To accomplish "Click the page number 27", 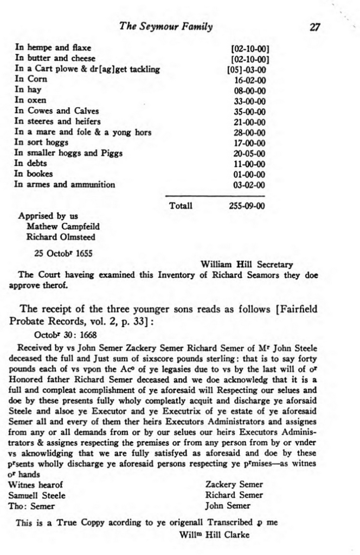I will click(x=314, y=27).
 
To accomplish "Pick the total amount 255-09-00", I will click(x=248, y=206).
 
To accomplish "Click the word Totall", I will click(x=181, y=206).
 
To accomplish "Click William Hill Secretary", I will click(x=247, y=265).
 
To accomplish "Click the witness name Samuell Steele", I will click(x=37, y=495).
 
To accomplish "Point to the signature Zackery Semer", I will click(x=234, y=485).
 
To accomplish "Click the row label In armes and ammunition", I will click(x=65, y=184).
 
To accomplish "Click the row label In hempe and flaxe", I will click(x=53, y=48).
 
